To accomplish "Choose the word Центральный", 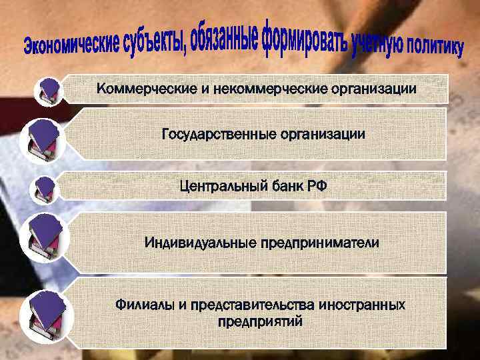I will [x=223, y=186].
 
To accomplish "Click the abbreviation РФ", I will [x=315, y=186].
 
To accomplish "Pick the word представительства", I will [x=253, y=305].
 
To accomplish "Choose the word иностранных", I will [x=363, y=305].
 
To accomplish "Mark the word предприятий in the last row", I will [x=261, y=321].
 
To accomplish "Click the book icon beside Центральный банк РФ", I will [x=46, y=189].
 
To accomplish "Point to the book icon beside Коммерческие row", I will [x=50, y=91].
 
